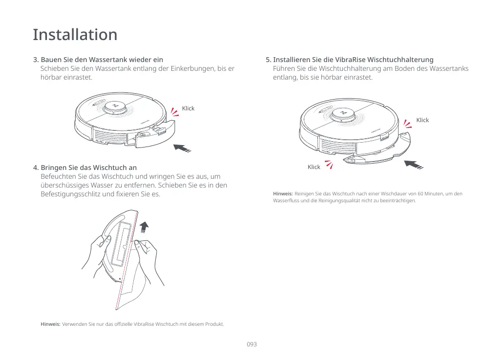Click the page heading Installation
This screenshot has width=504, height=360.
coord(75,35)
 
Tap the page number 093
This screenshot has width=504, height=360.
coord(252,344)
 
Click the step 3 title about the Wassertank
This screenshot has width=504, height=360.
coord(98,60)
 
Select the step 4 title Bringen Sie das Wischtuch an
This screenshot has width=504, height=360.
coord(84,168)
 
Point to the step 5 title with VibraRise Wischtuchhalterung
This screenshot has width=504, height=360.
coord(349,60)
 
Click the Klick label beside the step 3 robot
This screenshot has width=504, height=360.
coord(188,108)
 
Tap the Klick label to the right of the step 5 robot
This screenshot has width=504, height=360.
coord(422,120)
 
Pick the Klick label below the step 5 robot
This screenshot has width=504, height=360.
coord(314,167)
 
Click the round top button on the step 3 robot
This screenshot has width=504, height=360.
coord(116,106)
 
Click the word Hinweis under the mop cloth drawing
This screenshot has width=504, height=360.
coord(50,324)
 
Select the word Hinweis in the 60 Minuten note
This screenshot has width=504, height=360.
coord(283,194)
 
